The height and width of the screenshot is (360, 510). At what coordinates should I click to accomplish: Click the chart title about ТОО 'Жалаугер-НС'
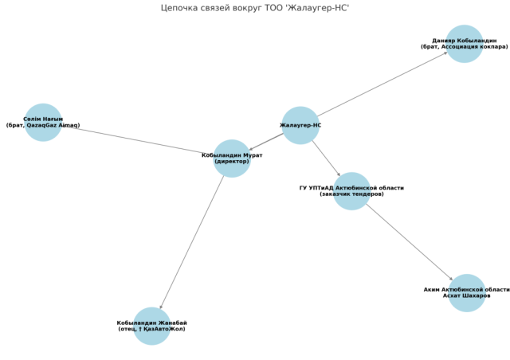pos(255,8)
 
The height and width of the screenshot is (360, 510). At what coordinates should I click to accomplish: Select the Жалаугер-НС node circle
pos(300,125)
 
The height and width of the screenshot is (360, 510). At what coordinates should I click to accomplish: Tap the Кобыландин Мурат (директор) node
pos(232,158)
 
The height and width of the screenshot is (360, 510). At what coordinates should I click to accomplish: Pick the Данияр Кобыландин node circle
pos(464,44)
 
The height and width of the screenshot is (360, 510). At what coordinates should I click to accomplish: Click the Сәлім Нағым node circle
pos(43,123)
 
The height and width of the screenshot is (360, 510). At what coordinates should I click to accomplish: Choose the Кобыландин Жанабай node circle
pos(152,326)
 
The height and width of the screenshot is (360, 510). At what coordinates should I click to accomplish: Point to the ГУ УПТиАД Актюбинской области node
pos(351,191)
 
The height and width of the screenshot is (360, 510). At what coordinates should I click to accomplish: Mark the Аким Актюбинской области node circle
pos(467,292)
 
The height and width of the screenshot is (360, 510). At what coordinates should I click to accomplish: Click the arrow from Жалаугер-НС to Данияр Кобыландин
pos(382,84)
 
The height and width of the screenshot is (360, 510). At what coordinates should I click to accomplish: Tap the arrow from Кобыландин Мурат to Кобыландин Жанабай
pos(192,242)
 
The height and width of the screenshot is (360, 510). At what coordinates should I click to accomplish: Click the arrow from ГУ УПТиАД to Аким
pos(409,242)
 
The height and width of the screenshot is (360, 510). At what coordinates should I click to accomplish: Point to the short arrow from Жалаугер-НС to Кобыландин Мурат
pos(266,142)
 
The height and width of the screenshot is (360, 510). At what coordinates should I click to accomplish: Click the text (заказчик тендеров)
pos(351,194)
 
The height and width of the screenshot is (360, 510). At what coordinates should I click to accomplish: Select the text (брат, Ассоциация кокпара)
pos(464,47)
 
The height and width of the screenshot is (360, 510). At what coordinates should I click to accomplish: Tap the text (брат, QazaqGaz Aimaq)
pos(43,125)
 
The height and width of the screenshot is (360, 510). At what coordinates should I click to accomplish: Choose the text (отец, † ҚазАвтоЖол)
pos(152,329)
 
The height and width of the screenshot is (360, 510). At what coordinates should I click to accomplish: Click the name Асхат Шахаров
pos(467,296)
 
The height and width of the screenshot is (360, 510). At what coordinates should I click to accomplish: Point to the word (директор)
pos(232,162)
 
